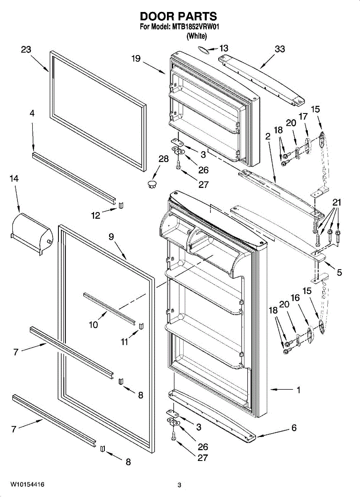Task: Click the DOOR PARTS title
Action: click(x=178, y=16)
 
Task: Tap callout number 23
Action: click(x=26, y=50)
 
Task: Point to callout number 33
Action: click(x=280, y=49)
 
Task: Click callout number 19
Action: click(x=136, y=58)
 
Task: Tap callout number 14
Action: click(x=14, y=179)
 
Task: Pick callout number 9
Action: click(x=111, y=237)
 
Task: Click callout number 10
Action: click(x=94, y=325)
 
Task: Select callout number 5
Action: click(x=339, y=273)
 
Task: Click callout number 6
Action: click(x=294, y=428)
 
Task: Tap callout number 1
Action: click(x=298, y=390)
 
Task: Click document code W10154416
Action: click(x=28, y=484)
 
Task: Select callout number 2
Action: click(x=268, y=135)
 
